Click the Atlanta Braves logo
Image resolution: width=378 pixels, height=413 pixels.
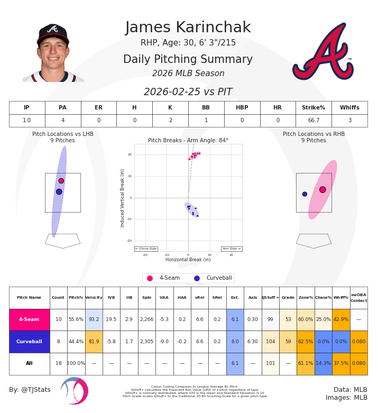pos(322,52)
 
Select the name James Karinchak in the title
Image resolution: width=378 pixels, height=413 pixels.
pos(188,28)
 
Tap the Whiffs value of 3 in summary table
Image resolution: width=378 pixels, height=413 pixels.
pos(349,121)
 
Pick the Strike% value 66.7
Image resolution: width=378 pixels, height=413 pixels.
pos(314,121)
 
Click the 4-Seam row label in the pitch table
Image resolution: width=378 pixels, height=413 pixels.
pos(29,319)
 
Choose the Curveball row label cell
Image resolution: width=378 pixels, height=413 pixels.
pos(29,342)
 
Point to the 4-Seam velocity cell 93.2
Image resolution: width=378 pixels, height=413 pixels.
pos(94,319)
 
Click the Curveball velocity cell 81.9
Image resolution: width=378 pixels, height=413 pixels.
pos(94,342)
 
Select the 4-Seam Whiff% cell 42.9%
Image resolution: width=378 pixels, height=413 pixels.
pos(341,319)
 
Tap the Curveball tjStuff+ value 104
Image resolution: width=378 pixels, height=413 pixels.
pos(270,342)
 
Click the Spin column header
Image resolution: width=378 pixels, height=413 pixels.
pos(146,298)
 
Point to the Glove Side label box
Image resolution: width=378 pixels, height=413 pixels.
pos(146,249)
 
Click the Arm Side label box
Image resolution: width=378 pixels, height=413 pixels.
pos(232,249)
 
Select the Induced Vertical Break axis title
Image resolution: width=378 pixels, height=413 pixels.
pos(123,198)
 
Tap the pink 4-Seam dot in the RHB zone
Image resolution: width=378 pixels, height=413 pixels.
pos(322,189)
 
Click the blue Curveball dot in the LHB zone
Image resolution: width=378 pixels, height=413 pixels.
pos(59,191)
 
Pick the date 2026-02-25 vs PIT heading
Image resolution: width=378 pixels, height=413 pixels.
pos(188,92)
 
